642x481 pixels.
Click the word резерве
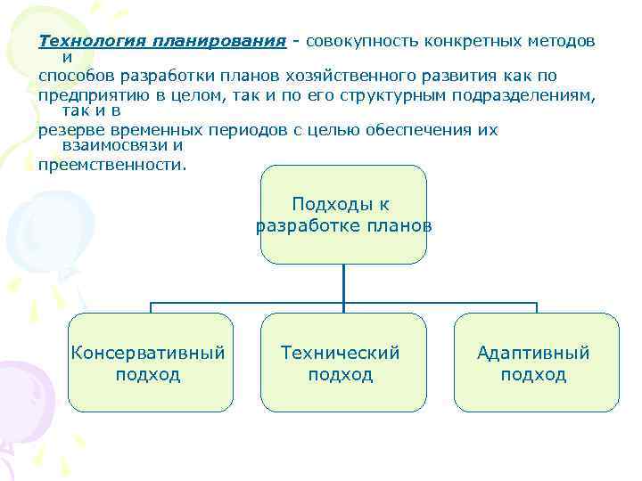point(72,129)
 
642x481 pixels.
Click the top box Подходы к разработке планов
point(343,215)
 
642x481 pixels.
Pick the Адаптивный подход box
point(533,363)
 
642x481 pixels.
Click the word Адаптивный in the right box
point(533,353)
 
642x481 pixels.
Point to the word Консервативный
point(148,353)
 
